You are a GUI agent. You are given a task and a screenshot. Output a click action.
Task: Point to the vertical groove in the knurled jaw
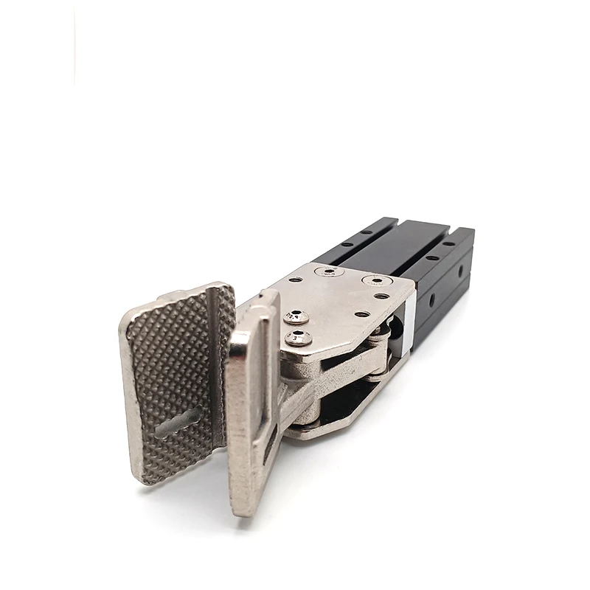pyautogui.click(x=215, y=347)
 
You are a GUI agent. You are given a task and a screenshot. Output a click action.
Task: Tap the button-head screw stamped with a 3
pyautogui.click(x=298, y=339)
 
